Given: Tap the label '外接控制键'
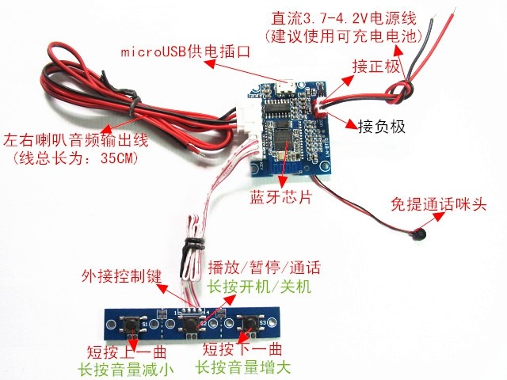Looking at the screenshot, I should click(121, 277).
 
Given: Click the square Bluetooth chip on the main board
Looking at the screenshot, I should click(288, 137).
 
